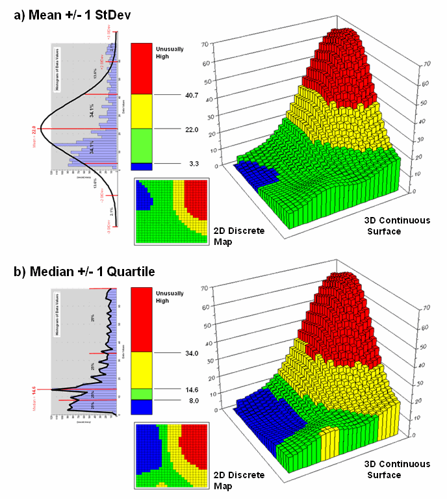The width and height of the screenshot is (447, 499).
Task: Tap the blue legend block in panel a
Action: [x=142, y=166]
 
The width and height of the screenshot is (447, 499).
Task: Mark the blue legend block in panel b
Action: [x=142, y=407]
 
